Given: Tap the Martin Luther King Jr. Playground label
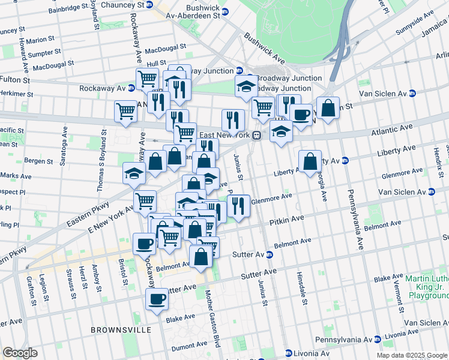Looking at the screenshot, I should click(x=427, y=287).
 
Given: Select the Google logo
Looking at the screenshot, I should click(x=20, y=353).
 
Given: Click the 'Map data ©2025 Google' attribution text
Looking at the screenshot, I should click(x=411, y=355).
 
